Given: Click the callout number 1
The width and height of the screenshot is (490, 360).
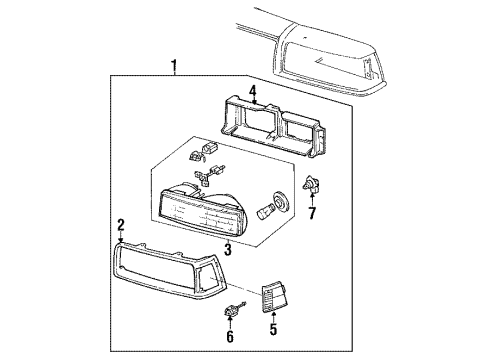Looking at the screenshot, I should coord(175,68).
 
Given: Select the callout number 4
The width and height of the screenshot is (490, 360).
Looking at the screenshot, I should coord(253,92).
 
